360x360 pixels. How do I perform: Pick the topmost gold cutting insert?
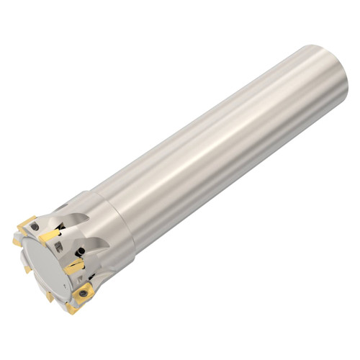click(x=27, y=222)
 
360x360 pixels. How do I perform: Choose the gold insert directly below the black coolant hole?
click(x=75, y=267)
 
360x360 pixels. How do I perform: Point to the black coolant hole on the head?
click(x=81, y=251)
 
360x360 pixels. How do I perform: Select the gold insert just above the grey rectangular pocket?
click(x=50, y=235)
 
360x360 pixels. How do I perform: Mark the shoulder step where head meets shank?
click(x=130, y=223)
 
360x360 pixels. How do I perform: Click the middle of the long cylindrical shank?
click(x=223, y=144)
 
